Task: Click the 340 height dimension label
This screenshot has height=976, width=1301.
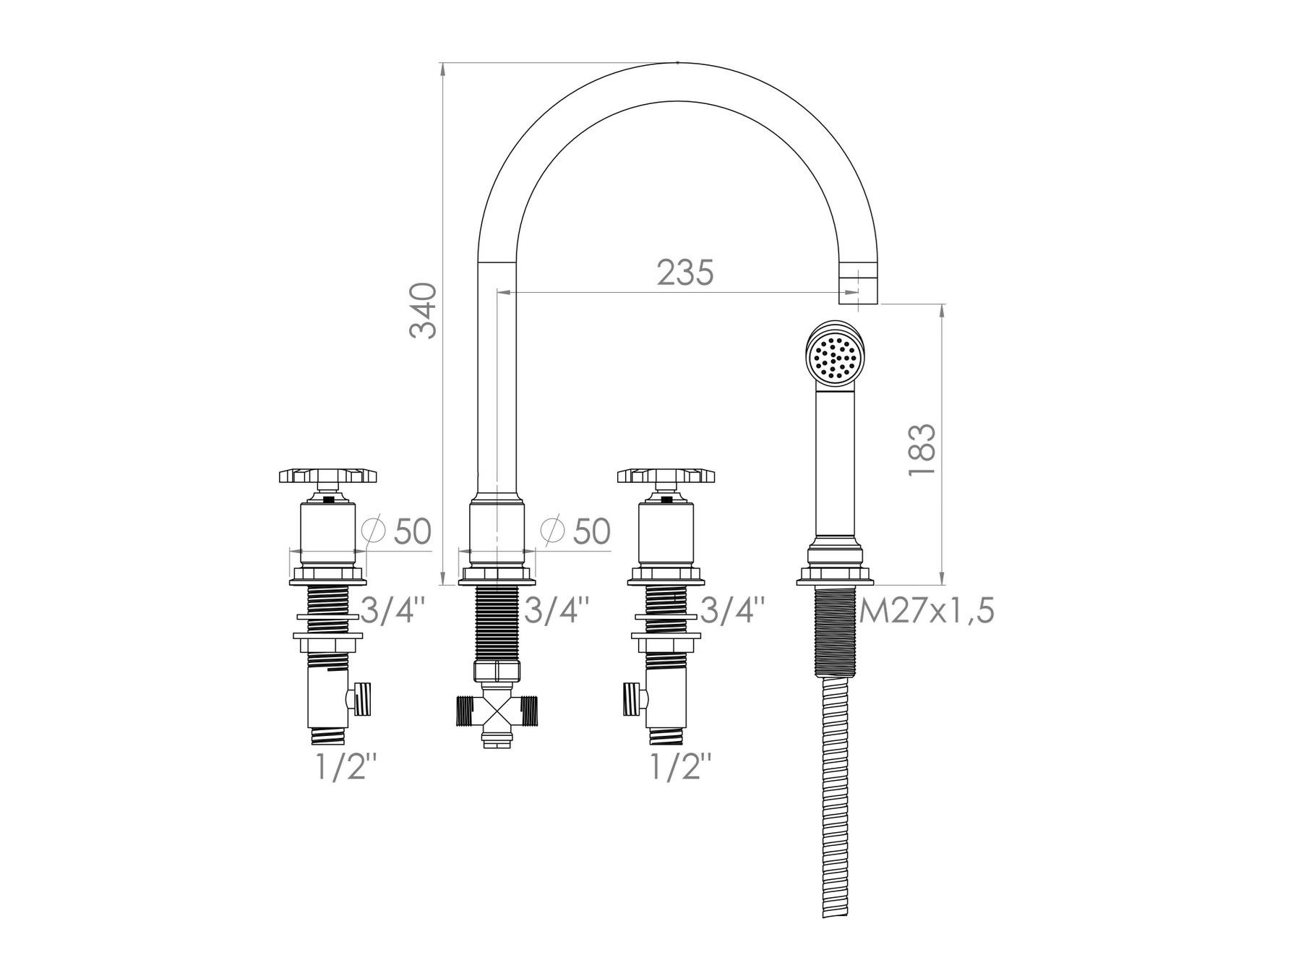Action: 423,311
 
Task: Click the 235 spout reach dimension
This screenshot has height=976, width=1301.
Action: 685,273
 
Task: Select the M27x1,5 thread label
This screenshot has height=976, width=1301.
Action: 927,612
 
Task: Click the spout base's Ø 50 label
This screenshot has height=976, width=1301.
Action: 575,531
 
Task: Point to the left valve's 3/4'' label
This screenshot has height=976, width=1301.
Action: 392,611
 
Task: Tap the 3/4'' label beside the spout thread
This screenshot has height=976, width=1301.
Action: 556,611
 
